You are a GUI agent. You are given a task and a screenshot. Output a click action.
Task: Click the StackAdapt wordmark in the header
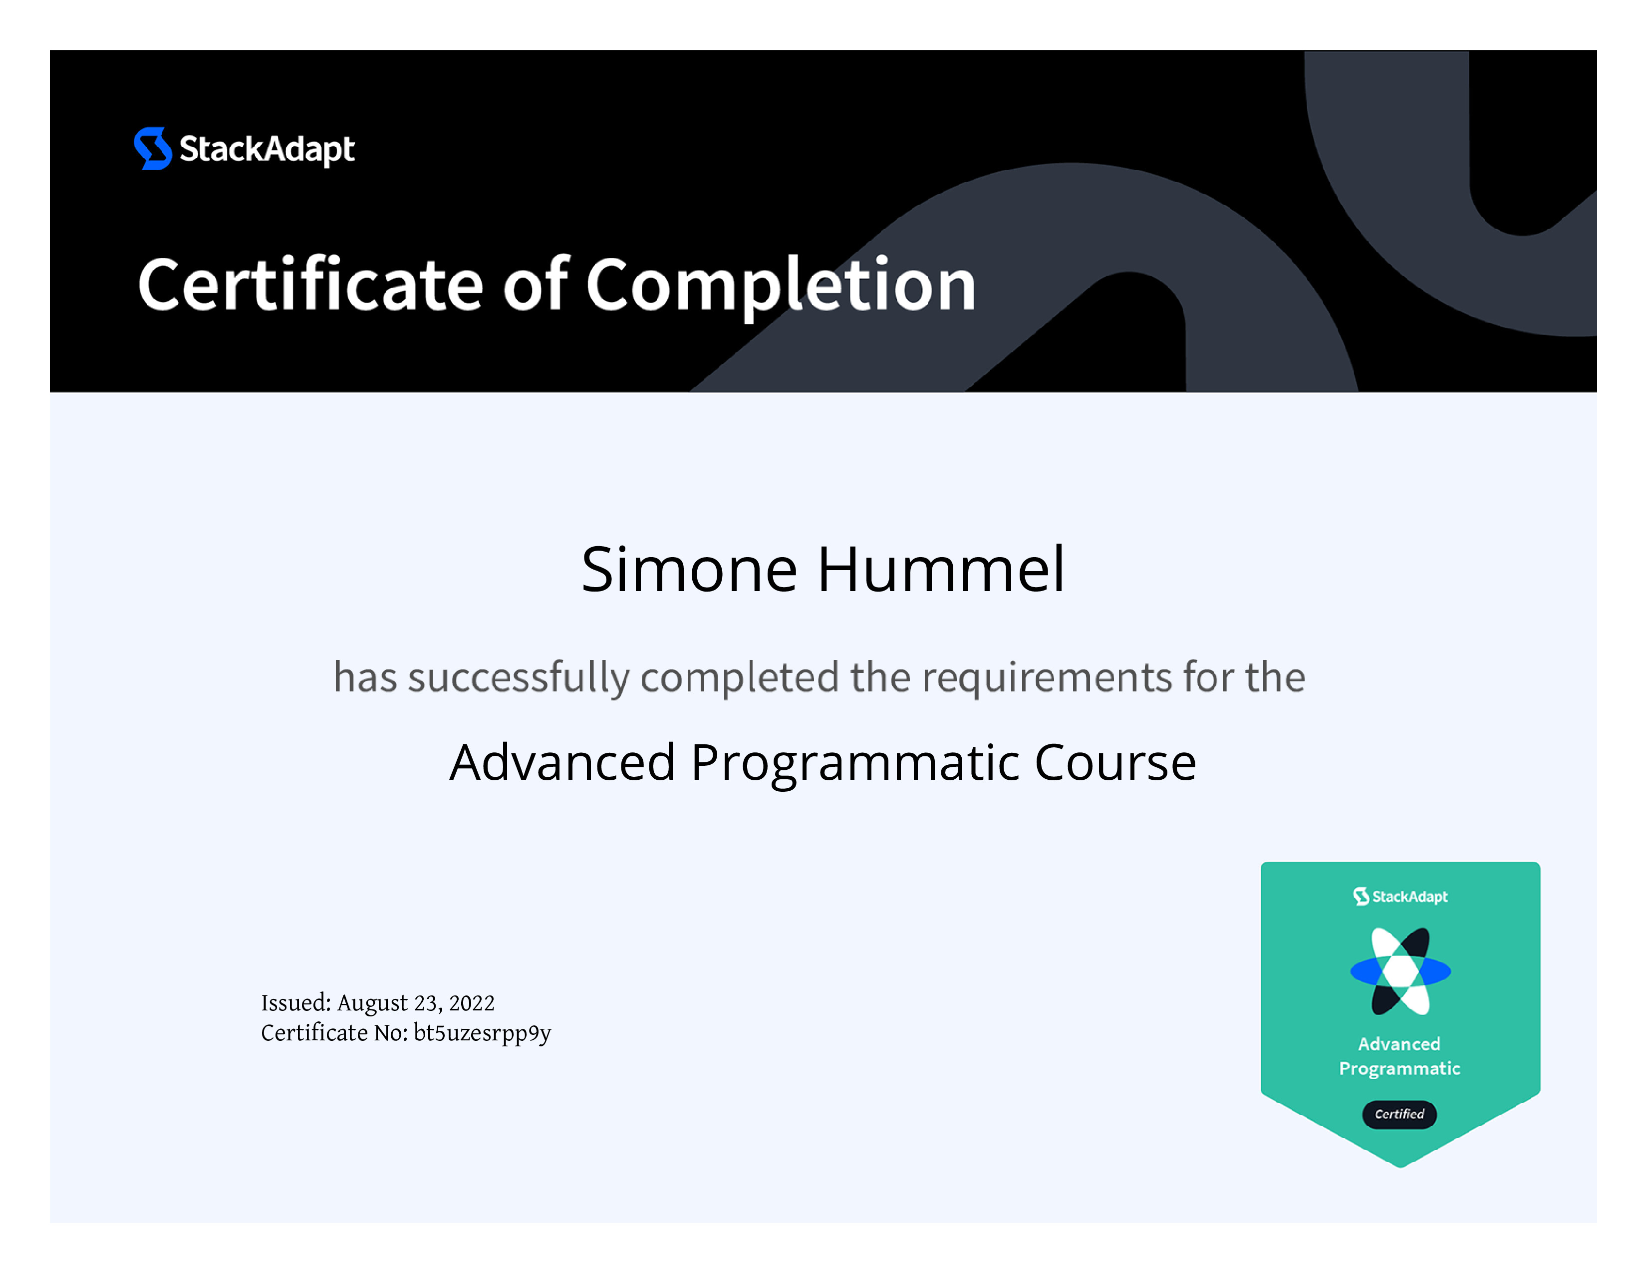tap(267, 149)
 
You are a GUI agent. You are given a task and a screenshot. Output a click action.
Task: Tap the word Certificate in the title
tap(310, 285)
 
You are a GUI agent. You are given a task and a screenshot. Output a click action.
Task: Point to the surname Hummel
tap(942, 570)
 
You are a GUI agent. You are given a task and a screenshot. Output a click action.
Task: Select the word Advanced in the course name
tap(562, 762)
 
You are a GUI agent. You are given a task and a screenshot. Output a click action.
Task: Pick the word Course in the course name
tap(1115, 762)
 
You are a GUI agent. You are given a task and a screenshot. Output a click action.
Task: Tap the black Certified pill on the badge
tap(1399, 1114)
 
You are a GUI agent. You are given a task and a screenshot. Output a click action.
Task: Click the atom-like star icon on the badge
tap(1400, 971)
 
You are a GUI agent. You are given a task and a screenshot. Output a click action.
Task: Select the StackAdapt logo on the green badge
tap(1400, 896)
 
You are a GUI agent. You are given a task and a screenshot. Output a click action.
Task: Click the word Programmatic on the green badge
tap(1399, 1069)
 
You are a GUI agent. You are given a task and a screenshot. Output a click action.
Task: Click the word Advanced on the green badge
tap(1399, 1044)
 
